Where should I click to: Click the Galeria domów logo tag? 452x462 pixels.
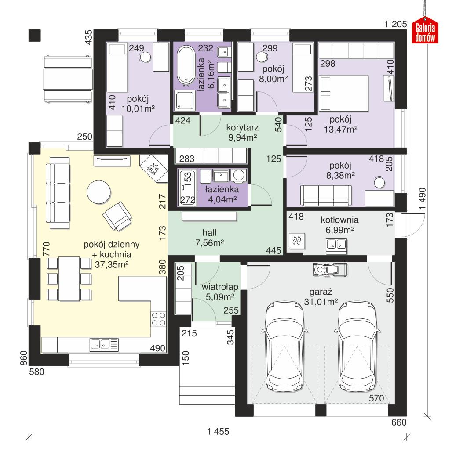click(425, 31)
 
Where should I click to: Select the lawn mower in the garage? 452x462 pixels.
click(329, 269)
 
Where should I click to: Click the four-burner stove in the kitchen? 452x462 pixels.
click(159, 319)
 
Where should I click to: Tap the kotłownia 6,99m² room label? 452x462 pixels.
click(339, 224)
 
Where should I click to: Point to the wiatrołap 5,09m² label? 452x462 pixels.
click(220, 292)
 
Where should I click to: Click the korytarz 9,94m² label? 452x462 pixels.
click(242, 133)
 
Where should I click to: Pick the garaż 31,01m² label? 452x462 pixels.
click(321, 296)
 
